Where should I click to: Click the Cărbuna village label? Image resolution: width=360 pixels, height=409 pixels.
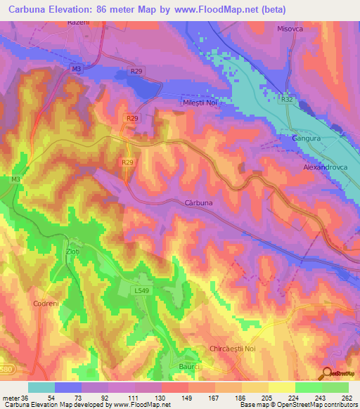point(198,202)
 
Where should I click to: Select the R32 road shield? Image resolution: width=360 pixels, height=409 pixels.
point(287,99)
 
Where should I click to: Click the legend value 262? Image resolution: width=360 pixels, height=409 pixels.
point(346,397)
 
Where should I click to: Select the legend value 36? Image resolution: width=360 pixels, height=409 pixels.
point(26,397)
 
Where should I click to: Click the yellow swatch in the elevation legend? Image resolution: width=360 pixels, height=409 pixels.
point(281,387)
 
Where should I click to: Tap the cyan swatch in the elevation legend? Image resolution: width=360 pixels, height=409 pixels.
point(41,387)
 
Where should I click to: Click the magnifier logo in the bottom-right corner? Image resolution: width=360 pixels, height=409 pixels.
point(326,373)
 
